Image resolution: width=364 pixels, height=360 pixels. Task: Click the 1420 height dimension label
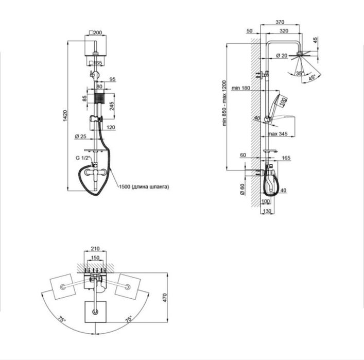[x=65, y=115]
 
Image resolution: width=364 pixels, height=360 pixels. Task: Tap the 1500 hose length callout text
[x=144, y=186]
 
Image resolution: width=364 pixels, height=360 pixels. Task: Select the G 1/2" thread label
[x=83, y=158]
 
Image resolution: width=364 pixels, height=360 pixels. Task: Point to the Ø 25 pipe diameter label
[x=80, y=136]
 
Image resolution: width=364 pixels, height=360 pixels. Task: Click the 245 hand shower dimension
[x=112, y=106]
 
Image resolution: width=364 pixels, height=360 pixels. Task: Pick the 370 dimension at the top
[x=280, y=22]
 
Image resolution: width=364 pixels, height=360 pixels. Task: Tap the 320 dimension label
[x=284, y=31]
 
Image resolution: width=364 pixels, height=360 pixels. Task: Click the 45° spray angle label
[x=312, y=78]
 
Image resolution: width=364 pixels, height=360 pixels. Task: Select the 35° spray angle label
[x=300, y=74]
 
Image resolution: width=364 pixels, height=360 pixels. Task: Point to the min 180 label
[x=241, y=88]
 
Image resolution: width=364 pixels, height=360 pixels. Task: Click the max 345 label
[x=278, y=134]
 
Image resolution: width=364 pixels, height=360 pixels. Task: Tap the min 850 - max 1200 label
[x=224, y=103]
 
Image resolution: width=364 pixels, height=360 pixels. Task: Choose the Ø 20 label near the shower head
[x=282, y=56]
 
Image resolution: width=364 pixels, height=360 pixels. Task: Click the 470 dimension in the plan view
[x=165, y=298]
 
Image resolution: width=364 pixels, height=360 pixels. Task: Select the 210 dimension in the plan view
[x=95, y=249]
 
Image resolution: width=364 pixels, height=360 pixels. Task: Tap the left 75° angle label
[x=62, y=319]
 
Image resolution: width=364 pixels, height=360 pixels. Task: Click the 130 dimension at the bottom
[x=267, y=211]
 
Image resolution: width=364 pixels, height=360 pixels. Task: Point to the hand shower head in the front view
[x=99, y=98]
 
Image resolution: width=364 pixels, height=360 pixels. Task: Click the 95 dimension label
[x=112, y=79]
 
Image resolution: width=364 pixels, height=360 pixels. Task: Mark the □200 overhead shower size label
[x=96, y=32]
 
